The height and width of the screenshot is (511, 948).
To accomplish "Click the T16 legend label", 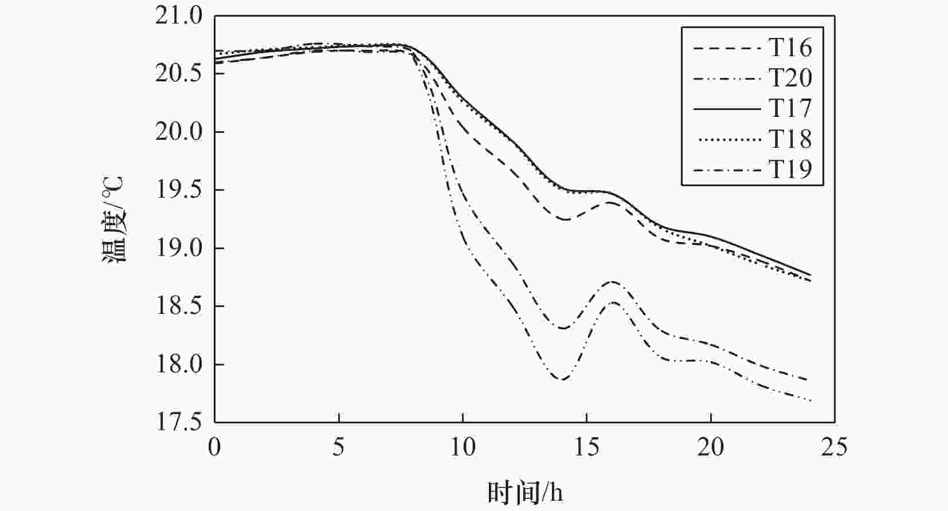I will pyautogui.click(x=790, y=48).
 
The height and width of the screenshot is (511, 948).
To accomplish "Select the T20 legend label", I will pyautogui.click(x=790, y=78).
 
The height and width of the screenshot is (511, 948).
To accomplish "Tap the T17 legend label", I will pyautogui.click(x=790, y=108).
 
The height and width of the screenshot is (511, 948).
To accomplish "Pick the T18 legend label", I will pyautogui.click(x=790, y=139).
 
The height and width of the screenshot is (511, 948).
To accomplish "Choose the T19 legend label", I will pyautogui.click(x=790, y=170).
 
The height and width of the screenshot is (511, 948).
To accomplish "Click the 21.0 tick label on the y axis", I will pyautogui.click(x=179, y=16).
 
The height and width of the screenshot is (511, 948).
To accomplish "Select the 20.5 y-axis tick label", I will pyautogui.click(x=179, y=74).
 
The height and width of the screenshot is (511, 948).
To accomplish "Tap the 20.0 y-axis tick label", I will pyautogui.click(x=179, y=132).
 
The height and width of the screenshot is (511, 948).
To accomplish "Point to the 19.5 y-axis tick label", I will pyautogui.click(x=179, y=191).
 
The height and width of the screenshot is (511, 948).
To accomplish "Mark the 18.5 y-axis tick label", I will pyautogui.click(x=179, y=307).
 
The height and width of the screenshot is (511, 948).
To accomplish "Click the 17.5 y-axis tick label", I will pyautogui.click(x=179, y=422).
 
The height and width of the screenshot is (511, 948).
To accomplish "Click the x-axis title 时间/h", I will pyautogui.click(x=525, y=492).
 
